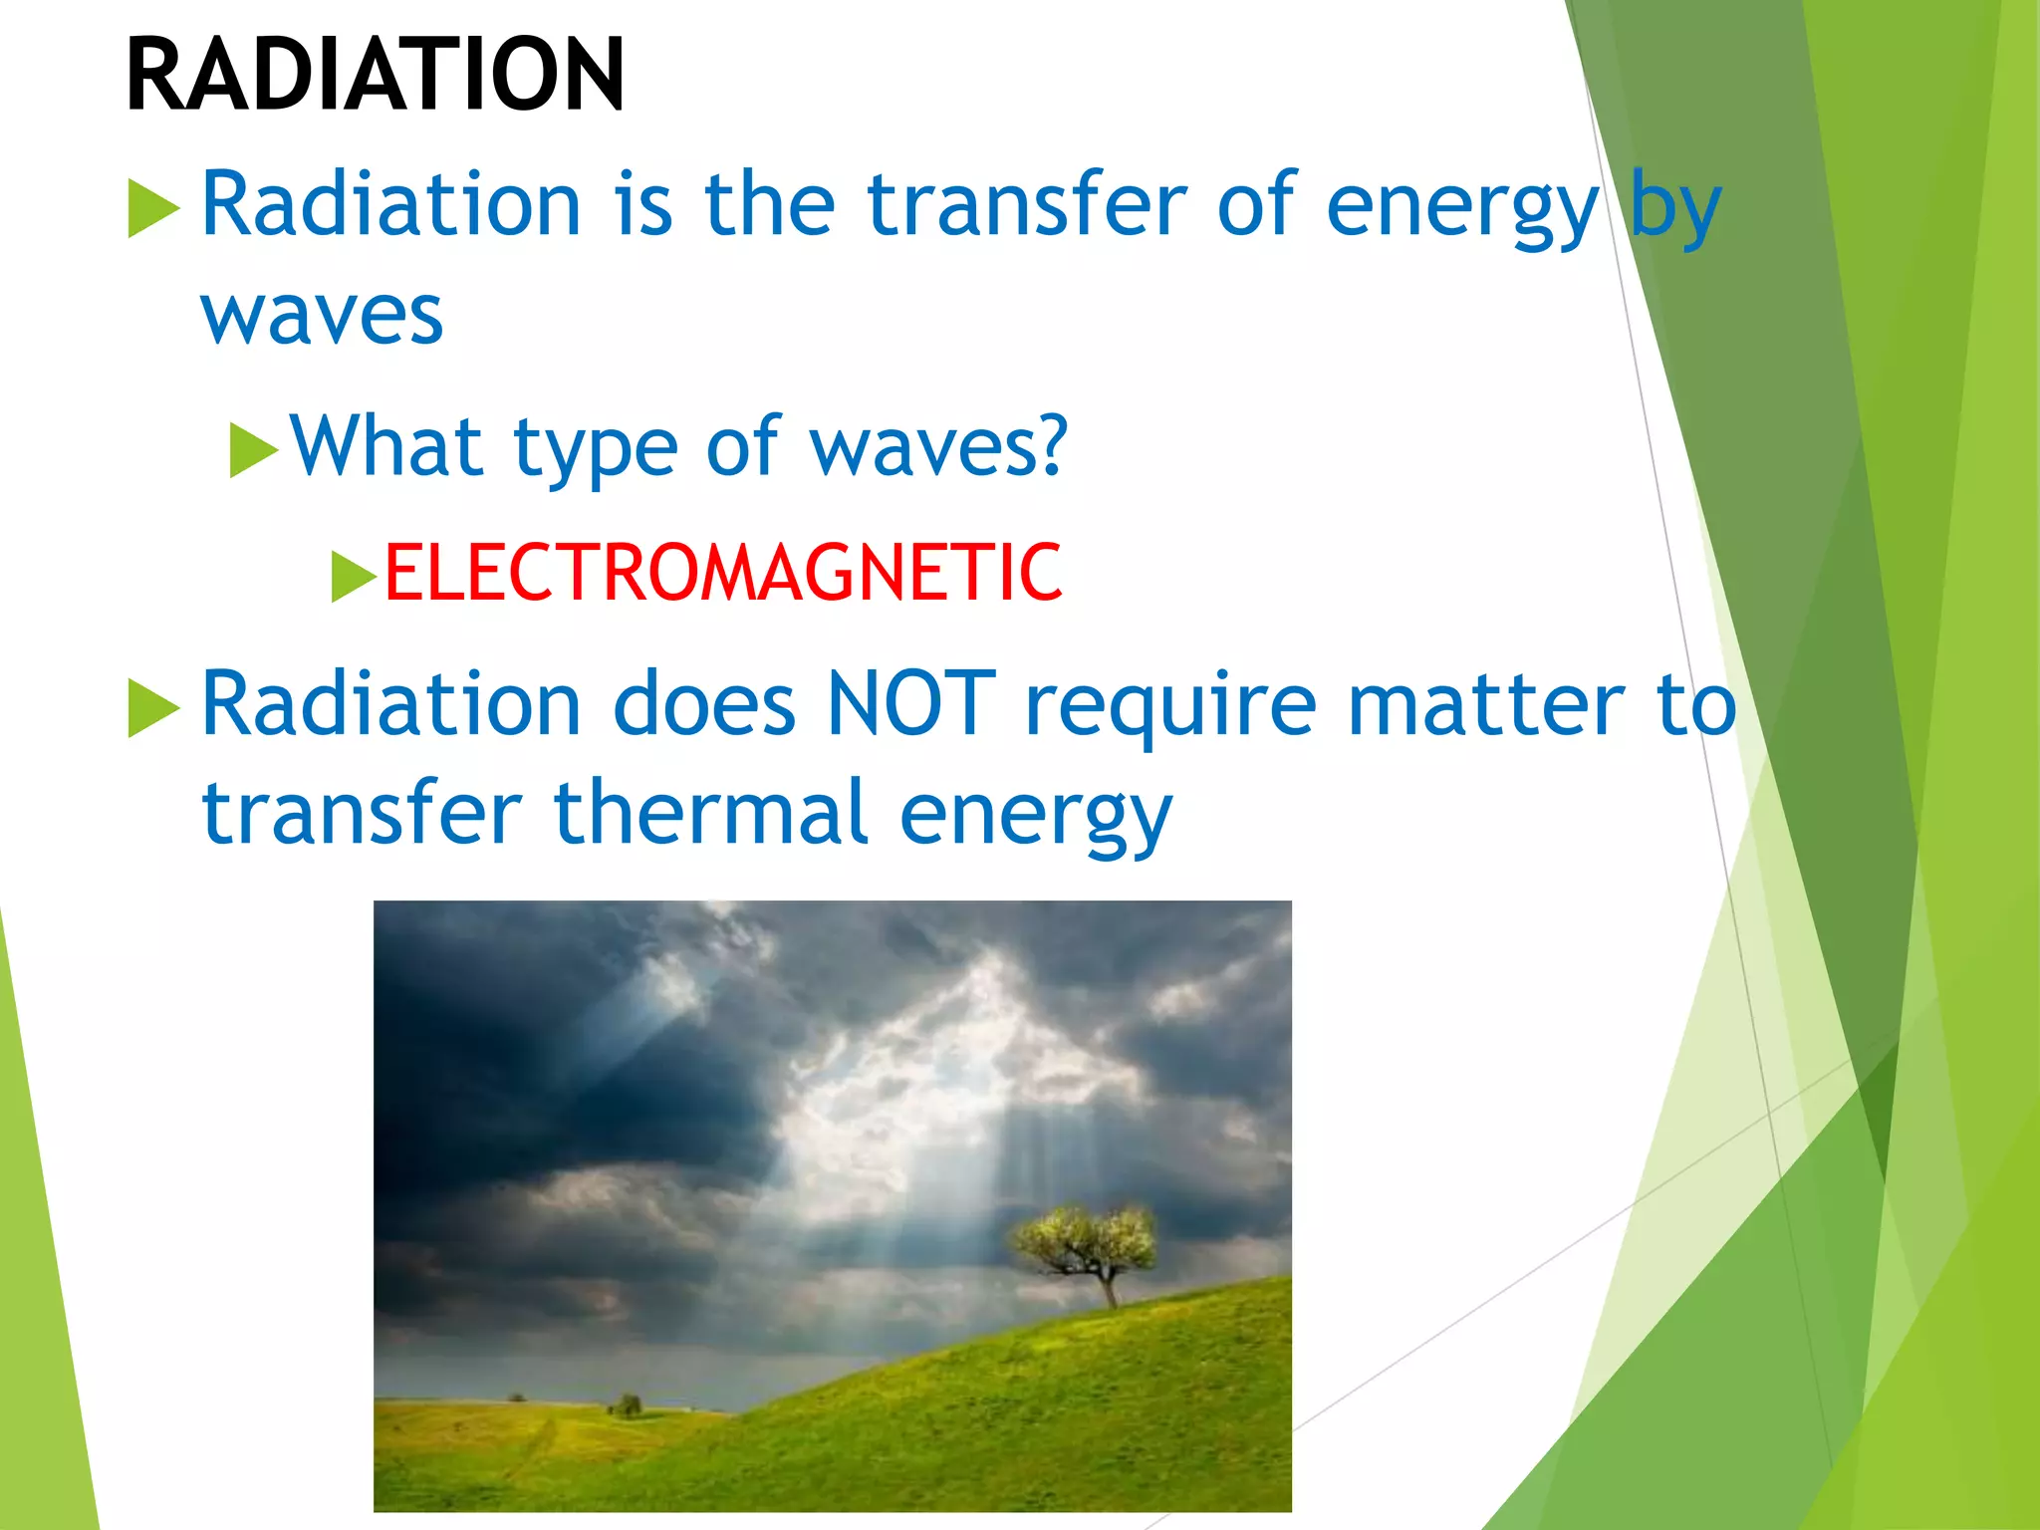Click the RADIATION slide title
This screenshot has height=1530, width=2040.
point(375,75)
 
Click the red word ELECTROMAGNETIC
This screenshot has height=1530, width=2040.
point(723,574)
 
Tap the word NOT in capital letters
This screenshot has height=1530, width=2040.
point(910,704)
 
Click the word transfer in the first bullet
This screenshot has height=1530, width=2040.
point(1026,204)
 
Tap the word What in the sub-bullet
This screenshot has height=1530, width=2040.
point(386,446)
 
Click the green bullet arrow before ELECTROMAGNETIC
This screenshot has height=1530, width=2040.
point(353,577)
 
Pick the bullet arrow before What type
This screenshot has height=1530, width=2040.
point(252,450)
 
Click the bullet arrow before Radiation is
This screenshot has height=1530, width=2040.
point(152,208)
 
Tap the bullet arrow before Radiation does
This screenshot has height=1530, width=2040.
point(152,708)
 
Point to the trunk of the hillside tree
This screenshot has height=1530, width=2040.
point(1109,1291)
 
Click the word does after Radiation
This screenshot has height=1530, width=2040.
point(703,704)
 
